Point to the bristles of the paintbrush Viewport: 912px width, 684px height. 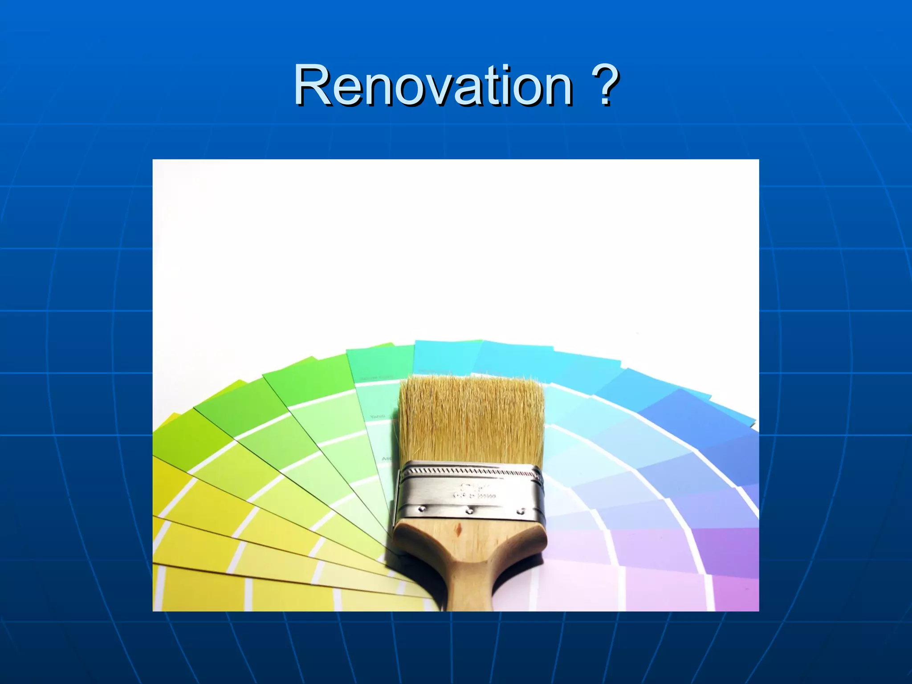(471, 419)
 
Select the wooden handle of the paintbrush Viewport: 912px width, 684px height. (470, 561)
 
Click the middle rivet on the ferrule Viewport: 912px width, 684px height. (469, 511)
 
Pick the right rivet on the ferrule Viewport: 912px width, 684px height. (519, 512)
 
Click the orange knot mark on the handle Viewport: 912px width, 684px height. (457, 530)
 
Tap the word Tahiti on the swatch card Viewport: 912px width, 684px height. (378, 416)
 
